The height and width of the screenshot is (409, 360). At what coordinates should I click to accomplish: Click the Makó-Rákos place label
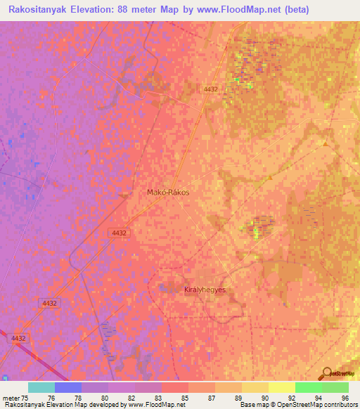point(168,191)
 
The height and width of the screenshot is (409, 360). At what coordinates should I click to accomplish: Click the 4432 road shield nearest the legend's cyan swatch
point(19,338)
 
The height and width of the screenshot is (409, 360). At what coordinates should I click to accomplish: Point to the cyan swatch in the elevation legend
point(41,387)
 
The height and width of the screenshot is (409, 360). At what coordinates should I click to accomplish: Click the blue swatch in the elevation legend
point(67,387)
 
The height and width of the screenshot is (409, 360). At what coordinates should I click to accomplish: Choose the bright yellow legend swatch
point(281,387)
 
